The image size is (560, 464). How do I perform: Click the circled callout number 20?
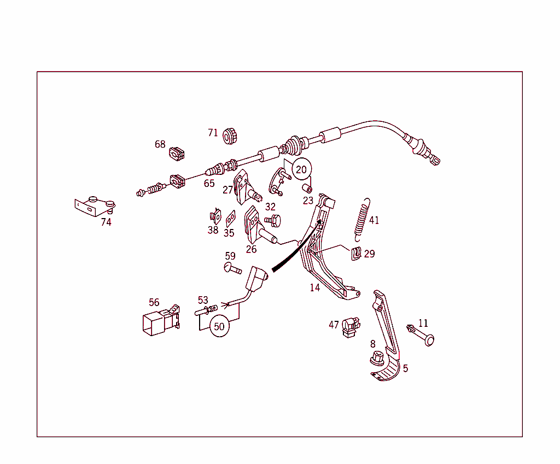(301, 169)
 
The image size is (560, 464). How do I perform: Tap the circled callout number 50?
(219, 326)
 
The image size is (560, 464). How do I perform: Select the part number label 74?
(106, 222)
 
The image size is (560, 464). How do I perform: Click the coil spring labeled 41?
(362, 219)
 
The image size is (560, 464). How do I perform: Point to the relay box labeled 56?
(161, 320)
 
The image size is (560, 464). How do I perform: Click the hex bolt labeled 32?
(273, 221)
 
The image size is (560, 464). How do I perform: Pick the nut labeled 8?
(377, 358)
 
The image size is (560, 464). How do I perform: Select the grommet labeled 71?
(229, 136)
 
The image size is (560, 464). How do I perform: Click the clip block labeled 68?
(177, 154)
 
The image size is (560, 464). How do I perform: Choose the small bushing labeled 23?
(307, 188)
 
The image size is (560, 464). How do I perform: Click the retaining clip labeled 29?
(356, 254)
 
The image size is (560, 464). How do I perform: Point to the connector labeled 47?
(351, 327)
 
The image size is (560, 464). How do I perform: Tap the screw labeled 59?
(232, 268)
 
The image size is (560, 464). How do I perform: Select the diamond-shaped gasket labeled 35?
(231, 219)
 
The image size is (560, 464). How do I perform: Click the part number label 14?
(315, 287)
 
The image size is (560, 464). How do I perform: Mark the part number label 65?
(209, 184)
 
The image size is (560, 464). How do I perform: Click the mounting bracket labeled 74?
(95, 206)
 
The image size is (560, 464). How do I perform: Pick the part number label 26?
(251, 249)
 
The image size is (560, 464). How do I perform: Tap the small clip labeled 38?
(215, 216)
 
